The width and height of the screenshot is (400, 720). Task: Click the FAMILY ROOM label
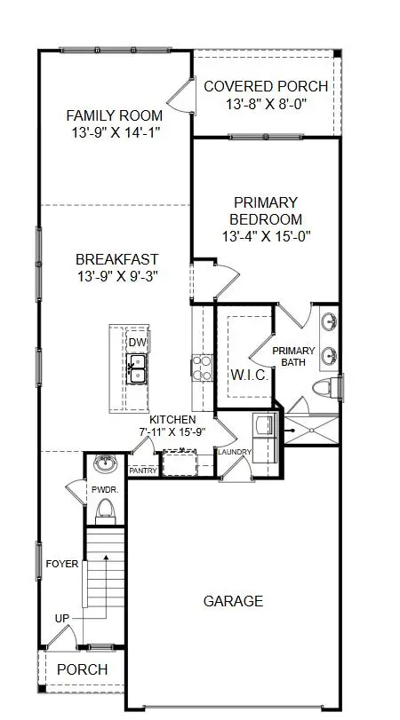coord(114,115)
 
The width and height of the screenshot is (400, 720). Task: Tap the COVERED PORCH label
coord(266,86)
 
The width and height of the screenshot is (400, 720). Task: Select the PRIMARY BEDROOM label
coord(266,210)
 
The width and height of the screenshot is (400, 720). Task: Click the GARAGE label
coord(233,601)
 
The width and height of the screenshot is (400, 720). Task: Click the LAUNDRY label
coord(236,453)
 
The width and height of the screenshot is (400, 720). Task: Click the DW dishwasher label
coord(137,344)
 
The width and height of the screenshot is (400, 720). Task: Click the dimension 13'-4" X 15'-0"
coord(266,237)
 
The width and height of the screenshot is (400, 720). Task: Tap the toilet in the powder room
coord(106,508)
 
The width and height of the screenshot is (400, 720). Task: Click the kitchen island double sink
coord(137,368)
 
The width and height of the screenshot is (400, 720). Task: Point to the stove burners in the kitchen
coord(202,367)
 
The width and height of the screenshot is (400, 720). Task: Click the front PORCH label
coord(82,669)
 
